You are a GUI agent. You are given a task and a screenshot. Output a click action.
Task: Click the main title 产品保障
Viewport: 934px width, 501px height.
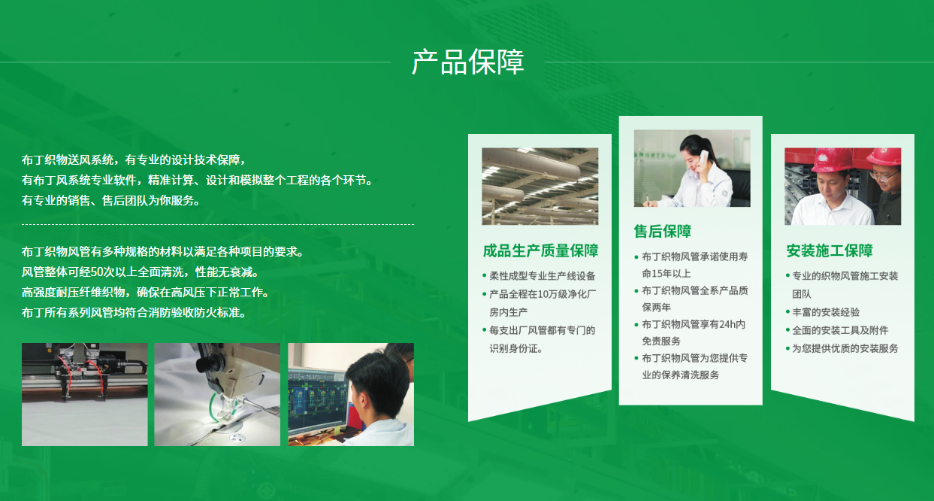[468, 62]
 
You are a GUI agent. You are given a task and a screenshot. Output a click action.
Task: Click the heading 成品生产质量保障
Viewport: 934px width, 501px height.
[540, 250]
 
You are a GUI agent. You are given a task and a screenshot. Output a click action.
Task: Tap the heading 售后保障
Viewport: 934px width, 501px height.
[663, 231]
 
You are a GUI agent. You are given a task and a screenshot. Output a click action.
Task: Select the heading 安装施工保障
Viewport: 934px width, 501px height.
[830, 250]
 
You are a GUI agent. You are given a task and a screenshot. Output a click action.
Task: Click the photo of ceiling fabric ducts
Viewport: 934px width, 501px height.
[540, 187]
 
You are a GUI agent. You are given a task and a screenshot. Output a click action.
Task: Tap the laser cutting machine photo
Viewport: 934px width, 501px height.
[85, 394]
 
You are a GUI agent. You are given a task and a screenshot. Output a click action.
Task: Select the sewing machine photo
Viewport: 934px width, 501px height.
[217, 394]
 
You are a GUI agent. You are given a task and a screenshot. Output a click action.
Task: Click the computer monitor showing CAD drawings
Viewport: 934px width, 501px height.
[318, 401]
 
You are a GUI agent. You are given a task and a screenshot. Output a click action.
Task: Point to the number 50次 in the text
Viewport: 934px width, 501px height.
[103, 272]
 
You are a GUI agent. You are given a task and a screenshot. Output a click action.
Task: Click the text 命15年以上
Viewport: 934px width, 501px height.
[666, 274]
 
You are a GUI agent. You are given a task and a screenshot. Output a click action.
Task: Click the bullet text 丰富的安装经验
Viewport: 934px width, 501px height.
[826, 312]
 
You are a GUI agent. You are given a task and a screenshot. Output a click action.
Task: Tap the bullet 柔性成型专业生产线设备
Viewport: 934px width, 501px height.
[542, 276]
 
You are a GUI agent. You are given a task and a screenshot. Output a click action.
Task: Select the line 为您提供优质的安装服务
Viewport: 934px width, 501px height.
[845, 348]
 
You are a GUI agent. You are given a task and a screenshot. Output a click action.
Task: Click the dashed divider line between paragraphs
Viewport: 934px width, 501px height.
[218, 225]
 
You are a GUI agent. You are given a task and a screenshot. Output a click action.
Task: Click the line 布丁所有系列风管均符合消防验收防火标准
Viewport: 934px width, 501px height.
[135, 313]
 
